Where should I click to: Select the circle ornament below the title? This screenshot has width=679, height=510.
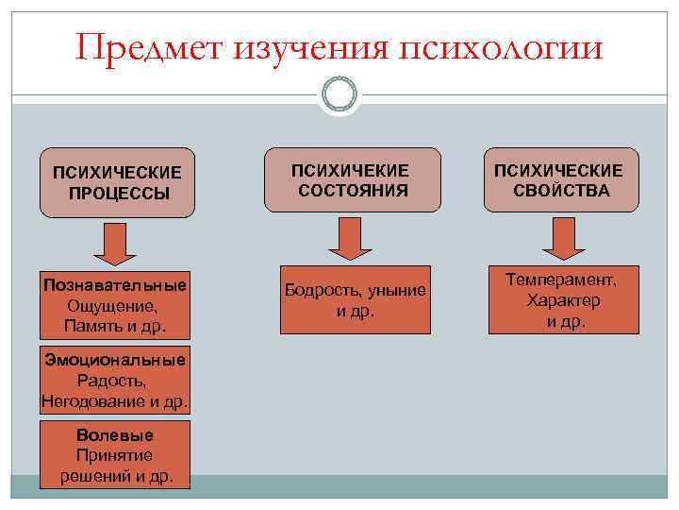pos(339,94)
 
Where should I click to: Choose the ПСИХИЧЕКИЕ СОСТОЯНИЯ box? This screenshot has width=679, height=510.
pos(352,179)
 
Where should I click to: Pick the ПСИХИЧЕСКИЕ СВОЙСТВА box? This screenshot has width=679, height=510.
pos(561,179)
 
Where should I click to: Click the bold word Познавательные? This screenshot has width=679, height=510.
pos(115,285)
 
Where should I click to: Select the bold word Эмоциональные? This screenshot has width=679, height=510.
pos(115,360)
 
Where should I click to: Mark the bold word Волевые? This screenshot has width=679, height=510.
pos(116,435)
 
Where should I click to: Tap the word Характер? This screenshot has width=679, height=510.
pos(564,300)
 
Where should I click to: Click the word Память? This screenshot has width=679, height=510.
pos(92,326)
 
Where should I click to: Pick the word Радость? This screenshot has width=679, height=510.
pos(115,381)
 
